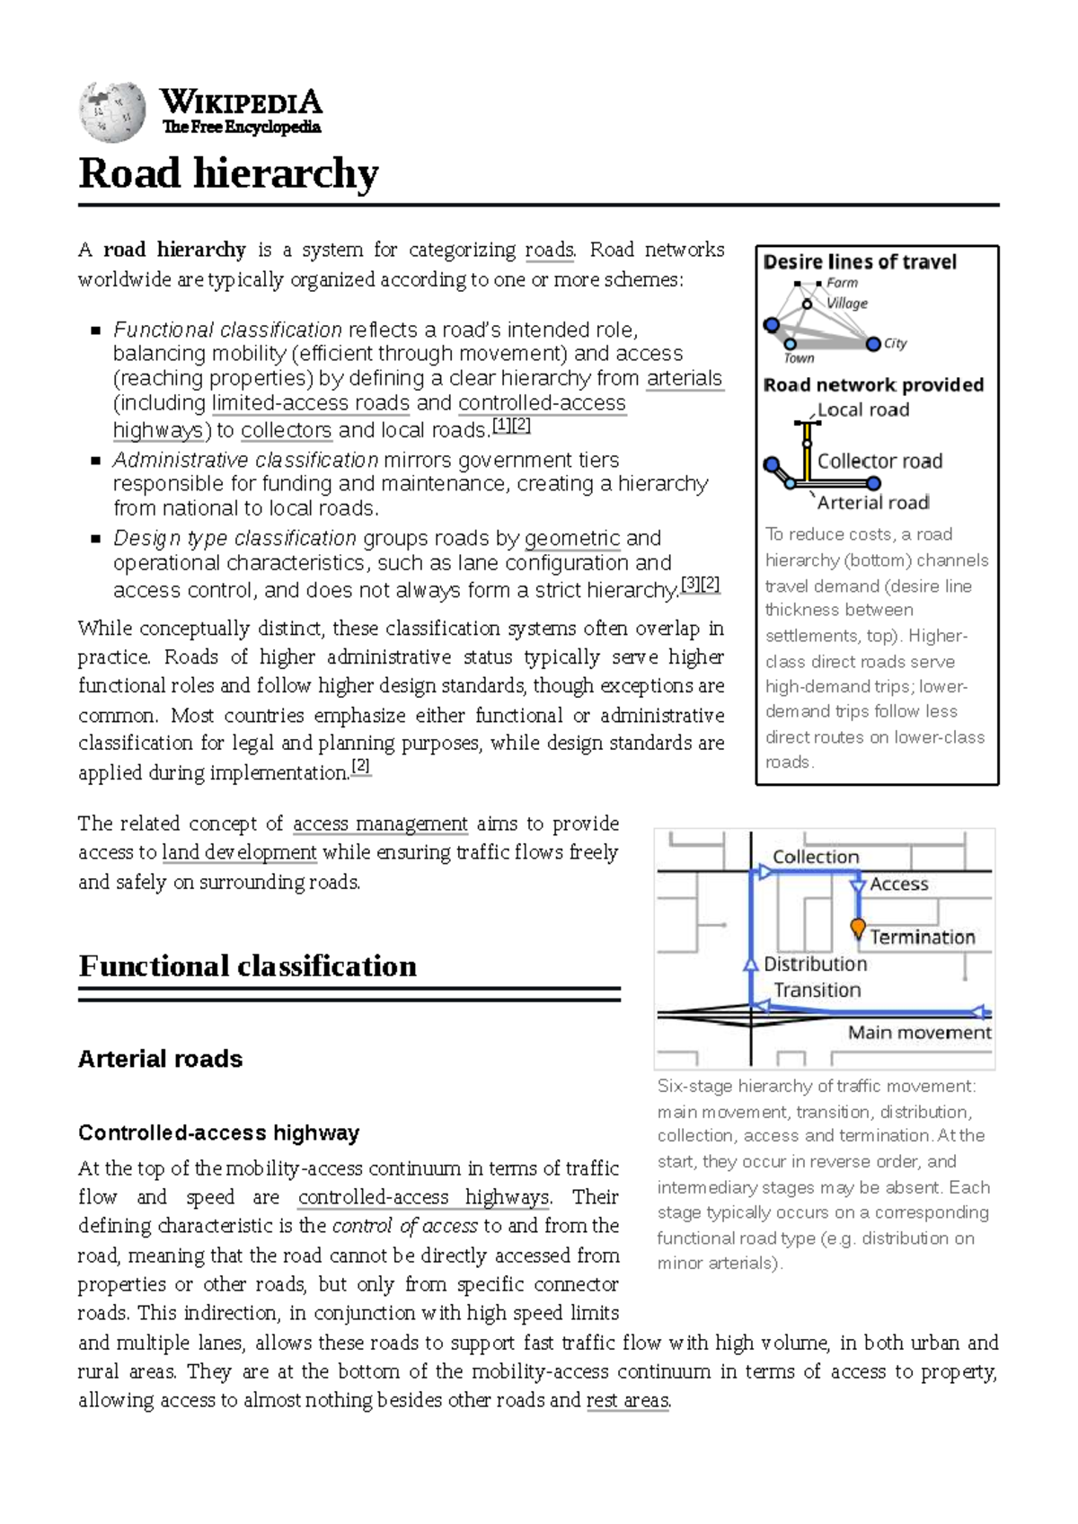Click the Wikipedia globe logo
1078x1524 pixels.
click(112, 112)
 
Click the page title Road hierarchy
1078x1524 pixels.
click(228, 173)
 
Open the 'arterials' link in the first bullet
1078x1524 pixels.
click(685, 378)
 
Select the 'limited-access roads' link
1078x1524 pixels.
click(311, 403)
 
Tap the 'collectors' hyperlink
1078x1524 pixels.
click(287, 430)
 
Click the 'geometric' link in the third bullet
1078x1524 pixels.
click(572, 539)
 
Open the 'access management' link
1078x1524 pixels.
click(380, 824)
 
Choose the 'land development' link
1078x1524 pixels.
click(239, 852)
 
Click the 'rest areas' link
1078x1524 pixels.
click(627, 1400)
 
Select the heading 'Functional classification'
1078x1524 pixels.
click(248, 966)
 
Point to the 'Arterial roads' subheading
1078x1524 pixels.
click(160, 1059)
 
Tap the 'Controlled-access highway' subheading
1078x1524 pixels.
click(218, 1132)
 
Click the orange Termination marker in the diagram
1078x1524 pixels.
click(858, 926)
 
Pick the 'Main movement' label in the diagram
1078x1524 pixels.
click(919, 1033)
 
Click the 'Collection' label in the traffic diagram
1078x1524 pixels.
click(816, 857)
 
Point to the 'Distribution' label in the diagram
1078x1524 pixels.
click(816, 964)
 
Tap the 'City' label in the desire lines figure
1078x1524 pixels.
click(895, 343)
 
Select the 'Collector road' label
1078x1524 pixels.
click(879, 461)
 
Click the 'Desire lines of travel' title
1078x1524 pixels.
click(860, 262)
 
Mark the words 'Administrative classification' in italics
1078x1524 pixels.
click(245, 461)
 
